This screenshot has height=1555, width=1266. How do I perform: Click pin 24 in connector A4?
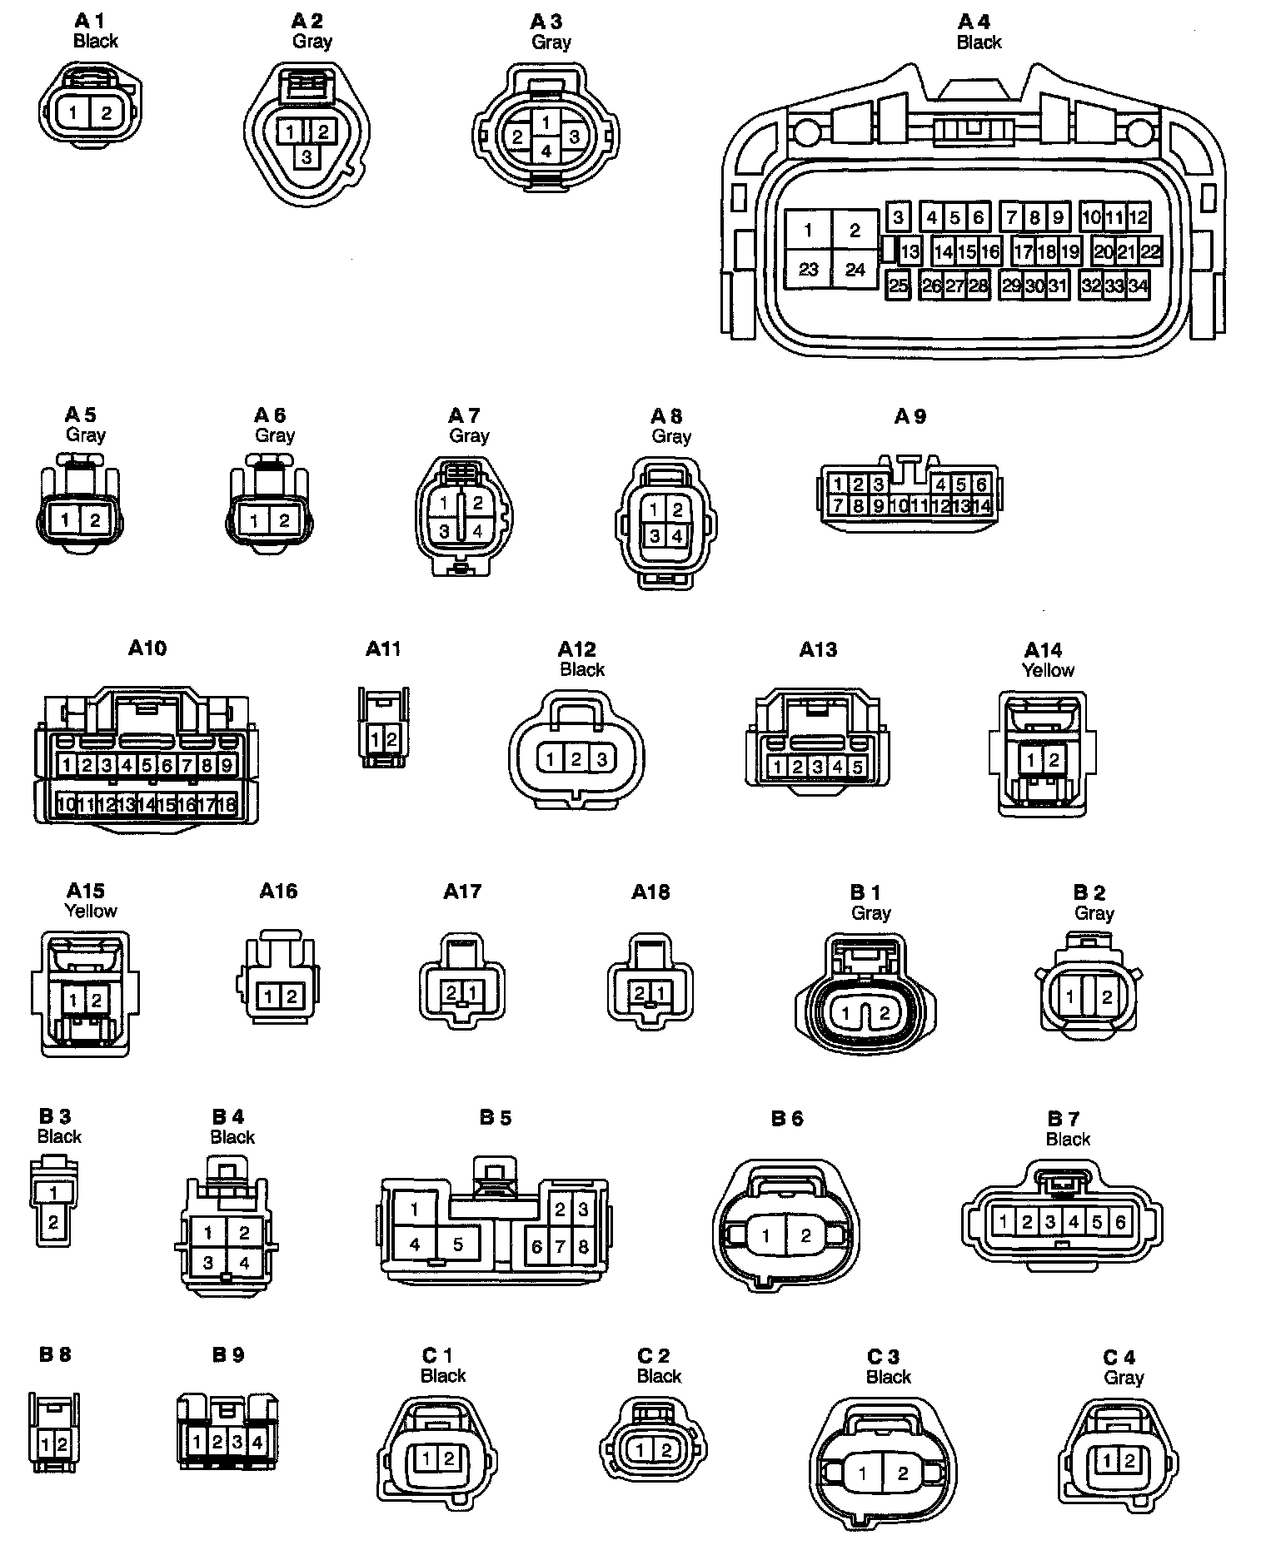[855, 270]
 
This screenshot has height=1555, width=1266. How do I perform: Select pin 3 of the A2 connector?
[307, 155]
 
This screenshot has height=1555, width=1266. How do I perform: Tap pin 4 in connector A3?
[546, 152]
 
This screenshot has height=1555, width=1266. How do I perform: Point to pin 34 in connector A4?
[1138, 286]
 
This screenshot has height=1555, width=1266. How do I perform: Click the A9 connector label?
[910, 416]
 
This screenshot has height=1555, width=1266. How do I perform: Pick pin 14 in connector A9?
[981, 505]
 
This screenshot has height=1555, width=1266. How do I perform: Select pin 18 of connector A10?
[227, 804]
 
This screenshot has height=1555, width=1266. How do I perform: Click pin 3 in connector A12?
[601, 758]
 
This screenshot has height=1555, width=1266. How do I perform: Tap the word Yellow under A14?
[1048, 670]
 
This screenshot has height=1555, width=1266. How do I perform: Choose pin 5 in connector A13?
[856, 767]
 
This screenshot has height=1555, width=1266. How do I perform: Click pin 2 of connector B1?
[885, 1013]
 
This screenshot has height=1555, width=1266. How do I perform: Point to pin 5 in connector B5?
[457, 1245]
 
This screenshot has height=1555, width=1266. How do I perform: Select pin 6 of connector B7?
[1120, 1222]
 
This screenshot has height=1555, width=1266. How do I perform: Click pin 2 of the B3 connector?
[53, 1223]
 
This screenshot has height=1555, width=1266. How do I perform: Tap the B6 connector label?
[786, 1118]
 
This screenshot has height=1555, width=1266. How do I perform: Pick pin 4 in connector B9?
[257, 1441]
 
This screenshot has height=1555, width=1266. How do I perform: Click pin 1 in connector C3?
[863, 1473]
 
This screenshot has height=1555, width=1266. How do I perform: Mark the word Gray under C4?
[1123, 1378]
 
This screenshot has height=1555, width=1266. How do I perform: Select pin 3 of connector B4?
[208, 1263]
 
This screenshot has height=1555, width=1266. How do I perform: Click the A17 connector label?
[462, 892]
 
